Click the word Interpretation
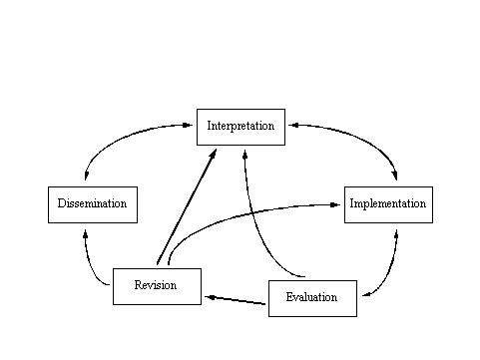(240, 126)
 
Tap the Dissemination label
(92, 203)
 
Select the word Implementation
(388, 203)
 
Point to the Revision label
(156, 285)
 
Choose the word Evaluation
(311, 297)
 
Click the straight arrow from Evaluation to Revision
(236, 300)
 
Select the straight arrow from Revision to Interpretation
(187, 206)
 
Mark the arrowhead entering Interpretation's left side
(188, 126)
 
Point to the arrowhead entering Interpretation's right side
(293, 126)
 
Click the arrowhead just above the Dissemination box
(86, 176)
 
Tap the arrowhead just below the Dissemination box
(86, 234)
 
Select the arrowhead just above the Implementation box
(395, 176)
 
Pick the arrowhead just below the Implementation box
(396, 234)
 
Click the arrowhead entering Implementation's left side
(335, 205)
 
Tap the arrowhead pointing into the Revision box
(211, 297)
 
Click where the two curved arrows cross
(252, 212)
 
